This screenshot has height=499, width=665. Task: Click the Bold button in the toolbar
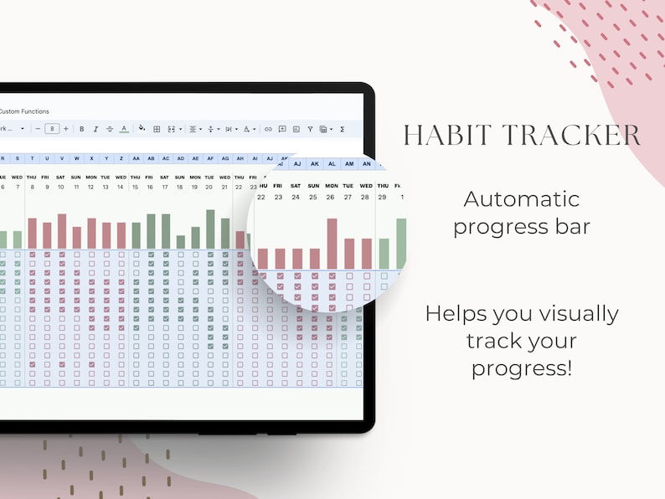(81, 129)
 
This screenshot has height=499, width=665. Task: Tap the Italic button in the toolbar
(95, 129)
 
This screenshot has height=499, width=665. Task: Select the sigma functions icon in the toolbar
(342, 129)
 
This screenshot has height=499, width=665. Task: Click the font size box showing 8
(52, 129)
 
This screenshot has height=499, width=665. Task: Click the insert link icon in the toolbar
(268, 129)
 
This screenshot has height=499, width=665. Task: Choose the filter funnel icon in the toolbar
(310, 129)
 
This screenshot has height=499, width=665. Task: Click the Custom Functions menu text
(24, 111)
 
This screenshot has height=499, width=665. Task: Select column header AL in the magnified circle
(331, 164)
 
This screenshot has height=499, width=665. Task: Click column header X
(91, 158)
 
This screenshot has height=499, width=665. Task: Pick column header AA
(136, 158)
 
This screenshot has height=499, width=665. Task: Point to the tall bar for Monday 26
(332, 243)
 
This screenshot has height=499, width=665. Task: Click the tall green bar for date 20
(210, 229)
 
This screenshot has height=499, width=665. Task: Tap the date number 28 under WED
(365, 198)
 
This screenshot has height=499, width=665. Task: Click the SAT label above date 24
(296, 186)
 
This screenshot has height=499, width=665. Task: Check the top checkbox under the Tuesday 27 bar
(348, 275)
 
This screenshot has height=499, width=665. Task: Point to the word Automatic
(521, 199)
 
